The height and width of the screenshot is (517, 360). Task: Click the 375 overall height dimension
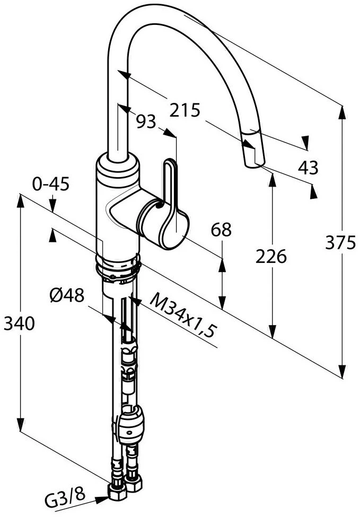click(x=340, y=243)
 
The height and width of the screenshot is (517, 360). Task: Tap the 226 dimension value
click(x=271, y=256)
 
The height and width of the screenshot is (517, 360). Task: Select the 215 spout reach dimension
click(x=185, y=110)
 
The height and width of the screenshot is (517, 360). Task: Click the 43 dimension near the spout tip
click(x=308, y=168)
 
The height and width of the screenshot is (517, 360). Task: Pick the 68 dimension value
click(x=221, y=230)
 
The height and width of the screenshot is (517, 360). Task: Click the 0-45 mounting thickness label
click(x=51, y=184)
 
